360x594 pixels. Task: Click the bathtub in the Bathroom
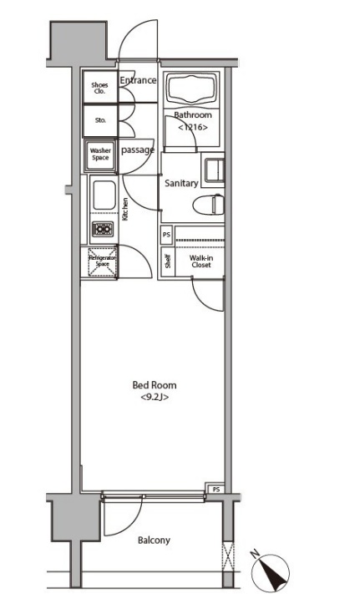pyautogui.click(x=193, y=89)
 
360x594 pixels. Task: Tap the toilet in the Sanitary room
pyautogui.click(x=209, y=205)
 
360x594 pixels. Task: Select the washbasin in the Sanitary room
pyautogui.click(x=215, y=170)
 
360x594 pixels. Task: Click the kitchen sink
pyautogui.click(x=104, y=195)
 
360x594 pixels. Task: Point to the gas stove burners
pyautogui.click(x=103, y=229)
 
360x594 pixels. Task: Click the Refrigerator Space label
pyautogui.click(x=102, y=261)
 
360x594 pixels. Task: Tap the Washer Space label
pyautogui.click(x=100, y=154)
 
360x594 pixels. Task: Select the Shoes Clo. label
pyautogui.click(x=99, y=88)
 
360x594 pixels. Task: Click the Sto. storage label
pyautogui.click(x=100, y=120)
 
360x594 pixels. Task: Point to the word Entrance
pyautogui.click(x=138, y=80)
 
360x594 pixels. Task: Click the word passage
pyautogui.click(x=138, y=150)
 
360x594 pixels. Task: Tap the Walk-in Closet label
pyautogui.click(x=201, y=261)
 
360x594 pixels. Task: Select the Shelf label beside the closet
pyautogui.click(x=168, y=261)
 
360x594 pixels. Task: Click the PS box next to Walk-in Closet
pyautogui.click(x=166, y=235)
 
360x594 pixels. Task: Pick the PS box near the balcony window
pyautogui.click(x=215, y=489)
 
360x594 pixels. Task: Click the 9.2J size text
pyautogui.click(x=155, y=398)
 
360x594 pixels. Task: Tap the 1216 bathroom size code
pyautogui.click(x=193, y=127)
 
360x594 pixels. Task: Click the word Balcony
pyautogui.click(x=154, y=540)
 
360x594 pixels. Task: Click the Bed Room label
pyautogui.click(x=155, y=385)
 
